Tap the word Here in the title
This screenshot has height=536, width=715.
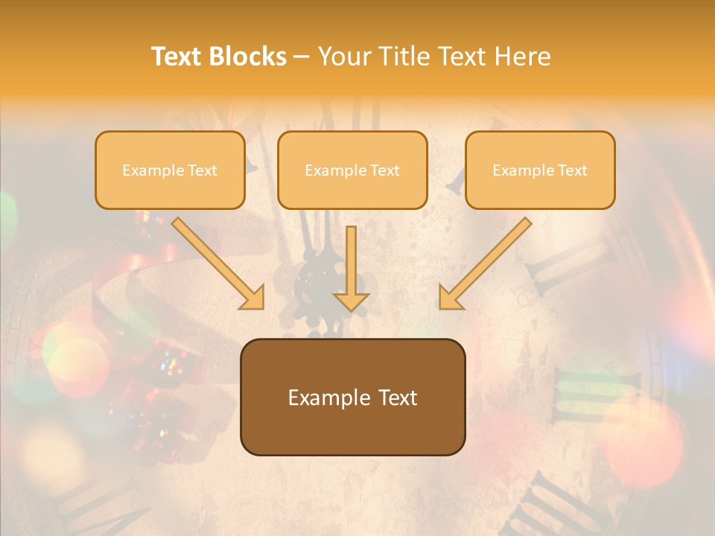tap(522, 57)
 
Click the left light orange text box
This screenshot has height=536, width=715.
tap(170, 170)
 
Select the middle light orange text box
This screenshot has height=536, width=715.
tap(352, 170)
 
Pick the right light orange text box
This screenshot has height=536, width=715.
tap(540, 170)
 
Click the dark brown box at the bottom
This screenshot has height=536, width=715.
tap(352, 397)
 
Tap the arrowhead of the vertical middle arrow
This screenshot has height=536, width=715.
tap(352, 301)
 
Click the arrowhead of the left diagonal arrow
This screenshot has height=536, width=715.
tap(253, 297)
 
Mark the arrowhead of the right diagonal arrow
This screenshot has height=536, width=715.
tap(450, 297)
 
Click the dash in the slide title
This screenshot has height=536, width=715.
tap(302, 57)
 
